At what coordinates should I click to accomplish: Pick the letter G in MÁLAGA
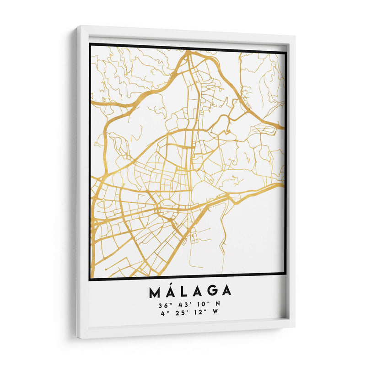pos(212,291)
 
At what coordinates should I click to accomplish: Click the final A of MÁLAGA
pos(226,291)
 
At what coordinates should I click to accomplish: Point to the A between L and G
pos(198,291)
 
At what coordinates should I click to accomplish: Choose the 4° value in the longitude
pos(165,313)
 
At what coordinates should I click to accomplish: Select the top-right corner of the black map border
pos(285,53)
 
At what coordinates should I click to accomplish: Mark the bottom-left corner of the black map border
pos(91,278)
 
